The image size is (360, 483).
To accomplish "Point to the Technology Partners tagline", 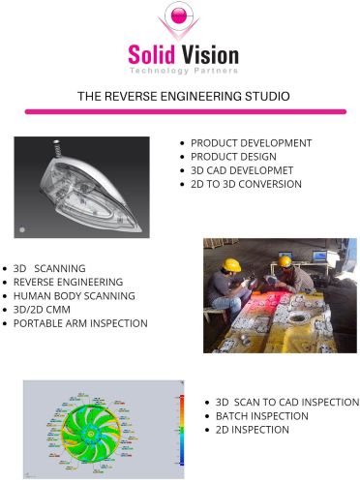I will pyautogui.click(x=180, y=72).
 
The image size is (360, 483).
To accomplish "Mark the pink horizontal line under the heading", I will pyautogui.click(x=180, y=113).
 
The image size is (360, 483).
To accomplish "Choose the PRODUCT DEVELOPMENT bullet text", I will pyautogui.click(x=251, y=143).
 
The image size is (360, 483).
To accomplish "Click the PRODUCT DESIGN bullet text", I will pyautogui.click(x=235, y=157).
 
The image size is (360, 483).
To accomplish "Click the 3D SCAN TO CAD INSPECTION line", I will pyautogui.click(x=286, y=402).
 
